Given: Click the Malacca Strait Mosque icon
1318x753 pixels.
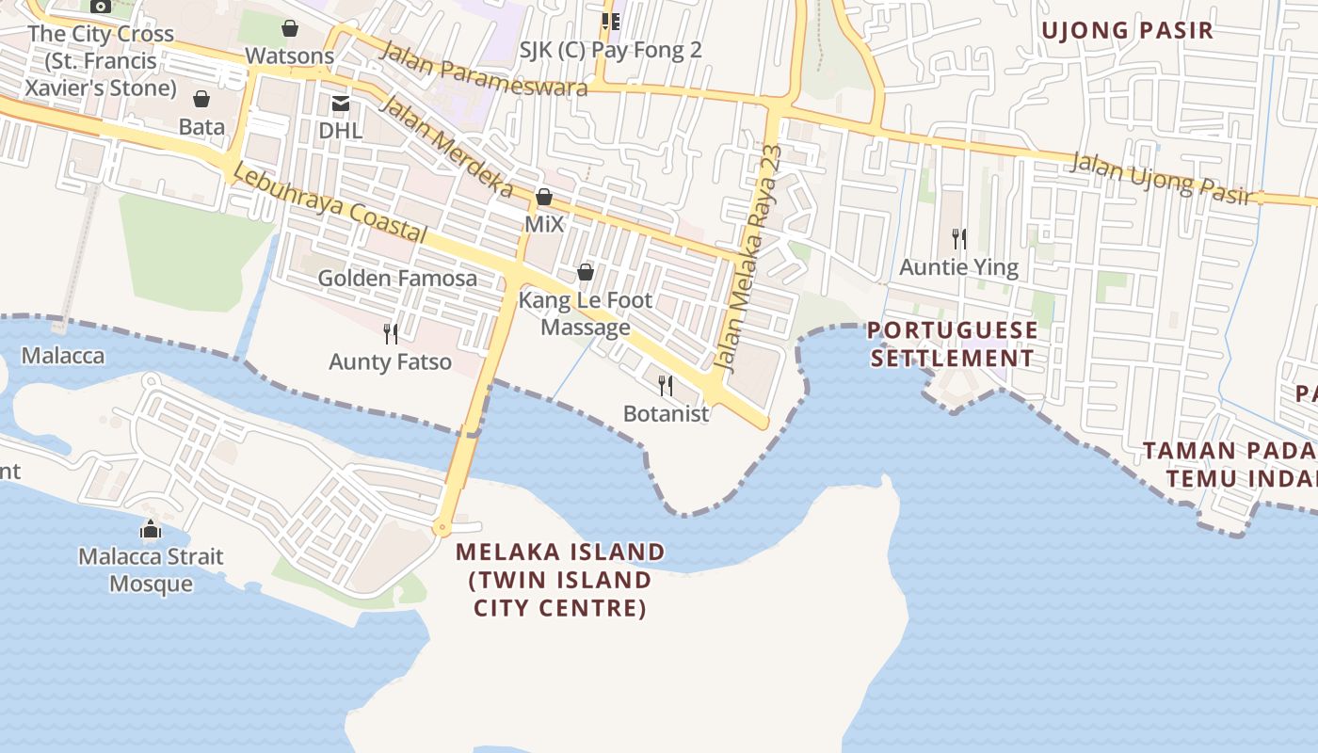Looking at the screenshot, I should [x=151, y=530].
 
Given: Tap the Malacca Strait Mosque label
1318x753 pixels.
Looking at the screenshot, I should [x=151, y=569].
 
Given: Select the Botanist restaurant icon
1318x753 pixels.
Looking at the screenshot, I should [x=666, y=385].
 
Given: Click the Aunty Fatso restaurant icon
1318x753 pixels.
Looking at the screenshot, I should [x=391, y=333].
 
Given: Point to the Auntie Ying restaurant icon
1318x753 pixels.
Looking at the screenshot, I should [x=959, y=238].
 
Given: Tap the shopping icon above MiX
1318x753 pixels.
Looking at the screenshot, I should [x=544, y=197].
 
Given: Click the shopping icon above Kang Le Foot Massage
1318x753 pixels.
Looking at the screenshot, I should [x=586, y=272].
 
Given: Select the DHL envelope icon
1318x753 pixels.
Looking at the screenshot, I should [x=340, y=103].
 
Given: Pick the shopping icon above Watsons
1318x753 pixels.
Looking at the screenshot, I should [x=290, y=28].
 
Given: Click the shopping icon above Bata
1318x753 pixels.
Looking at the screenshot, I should [x=201, y=99].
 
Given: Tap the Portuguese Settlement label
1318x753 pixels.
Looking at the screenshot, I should [x=953, y=344].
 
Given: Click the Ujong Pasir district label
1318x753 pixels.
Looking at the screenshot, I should [x=1127, y=30].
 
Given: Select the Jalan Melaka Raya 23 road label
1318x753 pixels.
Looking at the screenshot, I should [x=748, y=256].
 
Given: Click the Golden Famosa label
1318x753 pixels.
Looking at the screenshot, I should [x=397, y=279].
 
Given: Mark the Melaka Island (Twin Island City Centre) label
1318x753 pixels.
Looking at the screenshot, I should [x=560, y=580].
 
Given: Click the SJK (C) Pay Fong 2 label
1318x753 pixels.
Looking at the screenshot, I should [x=611, y=50].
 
